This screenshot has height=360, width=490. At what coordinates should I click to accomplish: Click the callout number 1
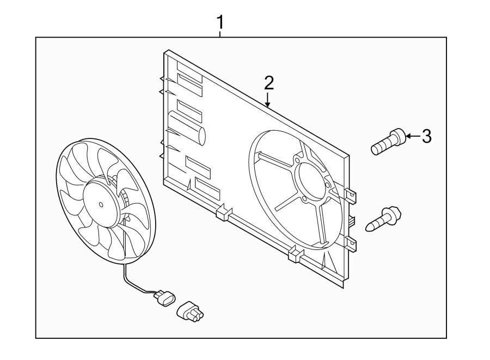click(220, 23)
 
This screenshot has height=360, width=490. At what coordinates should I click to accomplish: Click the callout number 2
click(268, 83)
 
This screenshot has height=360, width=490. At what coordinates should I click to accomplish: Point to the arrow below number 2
click(268, 100)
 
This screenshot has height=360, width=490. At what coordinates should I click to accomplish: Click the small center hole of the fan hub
click(101, 205)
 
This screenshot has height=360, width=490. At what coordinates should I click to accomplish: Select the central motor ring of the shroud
click(310, 180)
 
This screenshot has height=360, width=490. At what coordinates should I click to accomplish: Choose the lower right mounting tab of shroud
click(352, 243)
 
